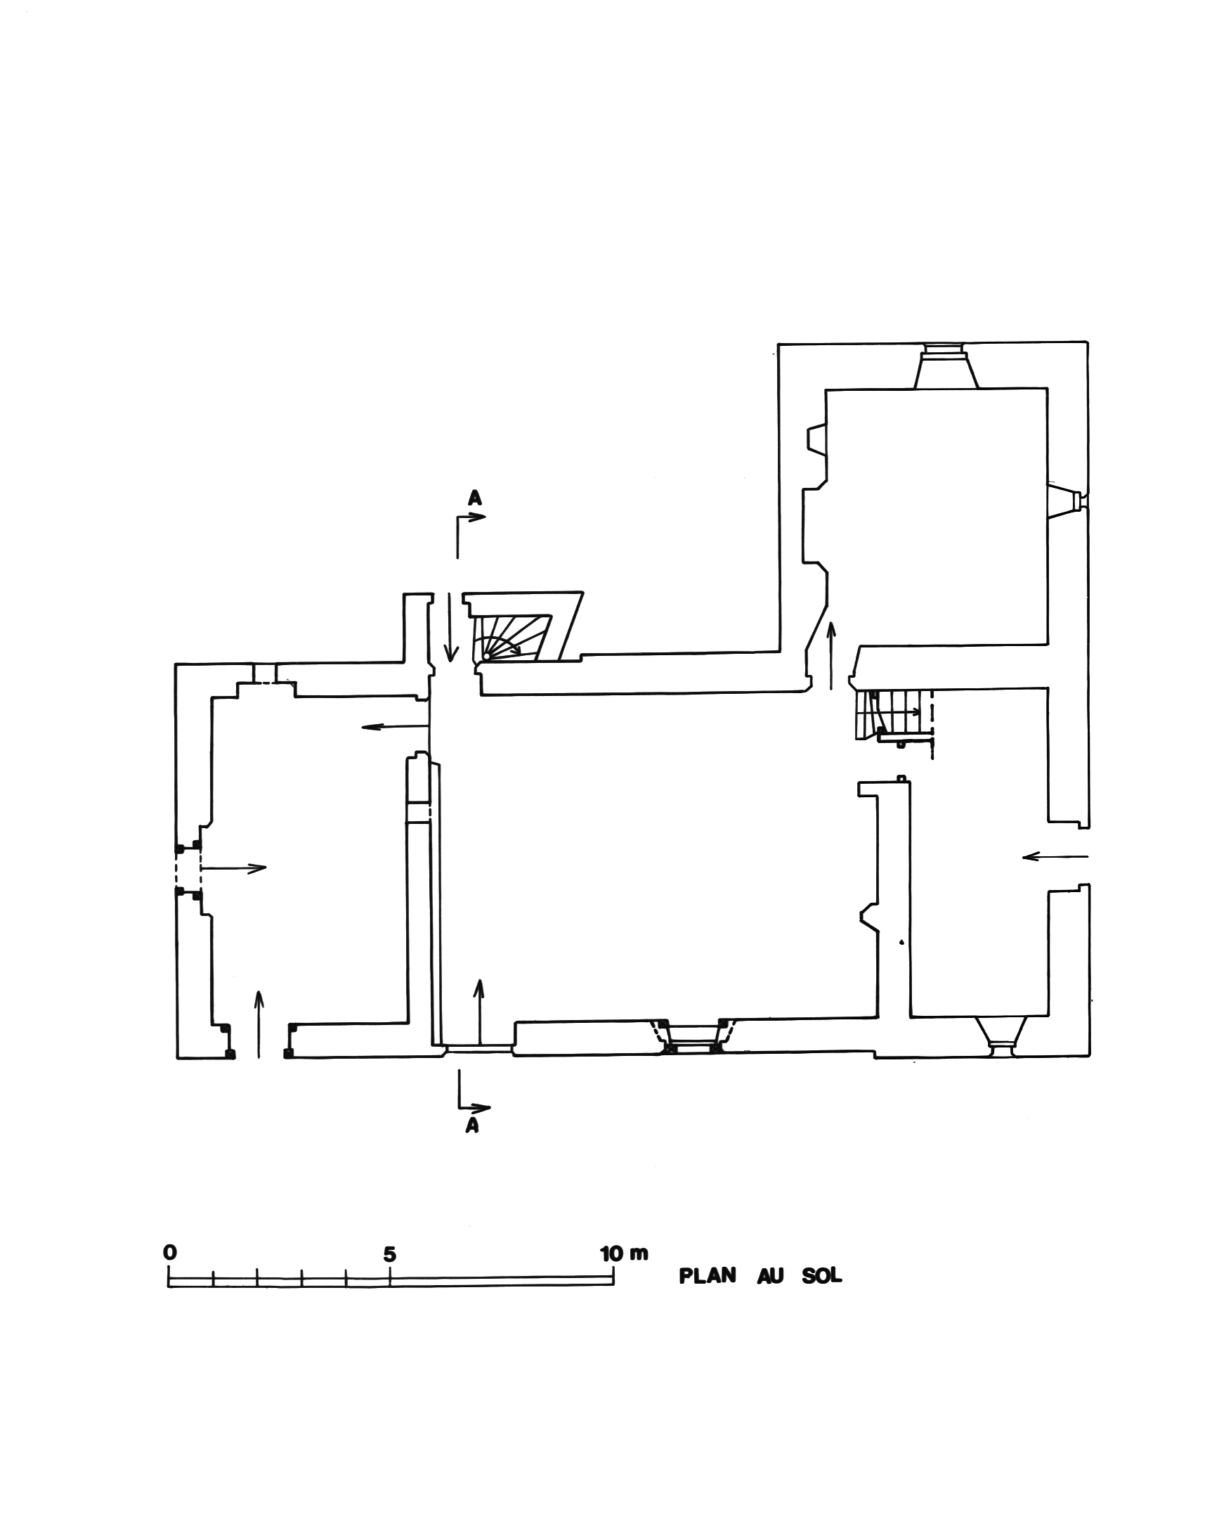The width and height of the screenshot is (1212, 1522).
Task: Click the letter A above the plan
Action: [475, 498]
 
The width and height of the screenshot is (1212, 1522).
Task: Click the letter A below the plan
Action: [473, 1126]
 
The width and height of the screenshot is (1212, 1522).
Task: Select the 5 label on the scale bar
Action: [389, 1254]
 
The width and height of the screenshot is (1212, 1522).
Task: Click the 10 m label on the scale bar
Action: [625, 1253]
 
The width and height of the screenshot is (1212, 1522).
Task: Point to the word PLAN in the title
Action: [707, 1276]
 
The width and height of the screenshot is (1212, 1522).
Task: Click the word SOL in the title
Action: [822, 1277]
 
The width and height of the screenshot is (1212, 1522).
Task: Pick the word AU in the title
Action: [770, 1277]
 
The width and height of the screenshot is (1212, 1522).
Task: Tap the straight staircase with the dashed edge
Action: [894, 714]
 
